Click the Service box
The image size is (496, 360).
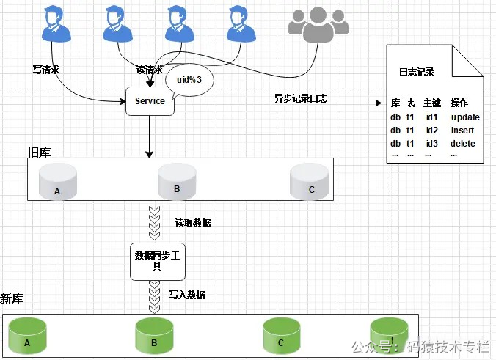coord(150,101)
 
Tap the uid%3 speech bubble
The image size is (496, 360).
coord(189,78)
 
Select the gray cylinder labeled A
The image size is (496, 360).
coord(59,181)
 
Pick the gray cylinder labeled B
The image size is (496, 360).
coord(177,181)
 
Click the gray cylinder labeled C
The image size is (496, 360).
coord(308,181)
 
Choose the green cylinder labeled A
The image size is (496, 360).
coord(26,336)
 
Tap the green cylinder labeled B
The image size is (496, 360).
coord(154,336)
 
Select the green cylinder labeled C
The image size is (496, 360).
coord(282,336)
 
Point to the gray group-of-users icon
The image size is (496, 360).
coord(318,25)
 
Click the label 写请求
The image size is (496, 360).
coord(45,70)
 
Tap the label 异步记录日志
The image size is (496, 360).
coord(300,98)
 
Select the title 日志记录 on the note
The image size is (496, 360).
coord(416,72)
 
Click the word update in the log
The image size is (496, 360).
coord(465,117)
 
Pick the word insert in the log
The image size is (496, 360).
coord(463,130)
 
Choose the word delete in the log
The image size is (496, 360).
coord(463,143)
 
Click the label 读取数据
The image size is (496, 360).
coord(193,223)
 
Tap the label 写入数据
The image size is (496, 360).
coord(187,295)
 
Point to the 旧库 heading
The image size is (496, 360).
coord(39,152)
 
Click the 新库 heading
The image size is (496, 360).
coord(12,298)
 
